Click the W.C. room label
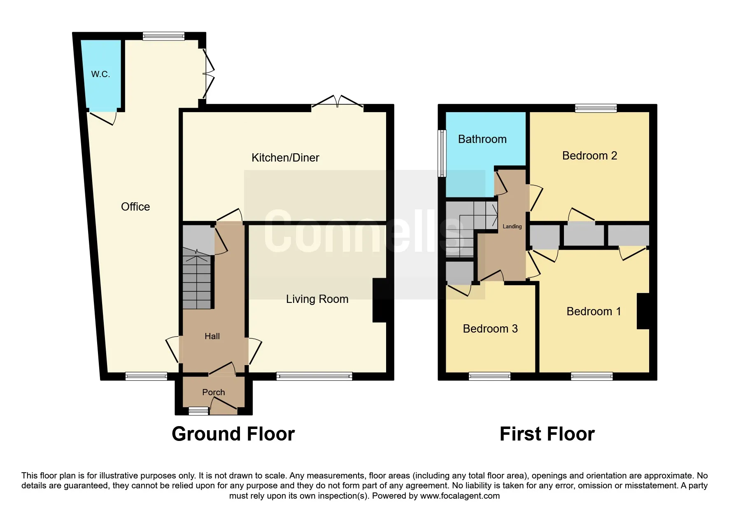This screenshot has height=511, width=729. (x=100, y=74)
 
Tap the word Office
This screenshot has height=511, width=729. (x=135, y=206)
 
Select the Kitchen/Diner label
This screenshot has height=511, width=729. (x=285, y=157)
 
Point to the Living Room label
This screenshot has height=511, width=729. (x=317, y=299)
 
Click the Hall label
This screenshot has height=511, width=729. (x=212, y=336)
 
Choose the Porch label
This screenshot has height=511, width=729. (x=213, y=392)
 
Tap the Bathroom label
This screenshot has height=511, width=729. (x=482, y=139)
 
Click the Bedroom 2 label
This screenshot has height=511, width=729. (x=589, y=156)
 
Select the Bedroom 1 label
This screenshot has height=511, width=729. (x=594, y=312)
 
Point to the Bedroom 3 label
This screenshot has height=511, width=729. (x=490, y=329)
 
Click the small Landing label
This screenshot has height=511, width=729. (x=512, y=226)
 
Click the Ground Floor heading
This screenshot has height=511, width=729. (x=233, y=434)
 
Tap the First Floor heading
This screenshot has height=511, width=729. (x=547, y=434)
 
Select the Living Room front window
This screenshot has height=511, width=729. (x=314, y=376)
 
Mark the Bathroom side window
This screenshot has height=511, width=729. (x=442, y=153)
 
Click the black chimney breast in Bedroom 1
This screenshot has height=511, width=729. (x=643, y=311)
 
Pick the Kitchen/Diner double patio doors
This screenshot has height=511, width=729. (x=337, y=103)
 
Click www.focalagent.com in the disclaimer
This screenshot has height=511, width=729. (x=460, y=496)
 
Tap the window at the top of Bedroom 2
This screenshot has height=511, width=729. (x=596, y=108)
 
